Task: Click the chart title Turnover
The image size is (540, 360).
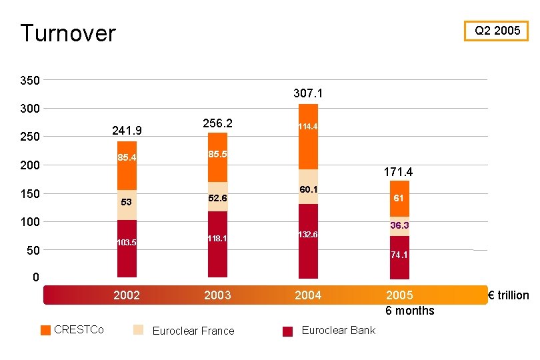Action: [x=68, y=33]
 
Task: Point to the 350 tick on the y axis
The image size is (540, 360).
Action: [x=29, y=81]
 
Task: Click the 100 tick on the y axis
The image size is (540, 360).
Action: [x=29, y=221]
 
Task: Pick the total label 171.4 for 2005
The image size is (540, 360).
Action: [x=398, y=172]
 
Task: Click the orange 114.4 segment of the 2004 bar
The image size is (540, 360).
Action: [x=308, y=137]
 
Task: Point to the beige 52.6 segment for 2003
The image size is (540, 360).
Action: [x=217, y=197]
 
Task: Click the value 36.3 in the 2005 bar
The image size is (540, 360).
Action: [x=399, y=226]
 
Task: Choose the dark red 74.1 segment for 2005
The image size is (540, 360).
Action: [x=399, y=257]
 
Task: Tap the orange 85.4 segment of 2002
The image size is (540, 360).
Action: [x=127, y=165]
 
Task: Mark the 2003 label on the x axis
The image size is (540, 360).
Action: [x=217, y=295]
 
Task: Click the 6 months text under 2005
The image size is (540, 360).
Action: [x=409, y=311]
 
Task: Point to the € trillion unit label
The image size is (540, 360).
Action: [x=509, y=295]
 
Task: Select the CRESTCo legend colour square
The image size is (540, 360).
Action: [x=45, y=330]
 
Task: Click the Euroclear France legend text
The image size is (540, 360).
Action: [x=193, y=331]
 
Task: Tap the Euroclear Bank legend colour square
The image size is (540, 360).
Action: [x=288, y=331]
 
